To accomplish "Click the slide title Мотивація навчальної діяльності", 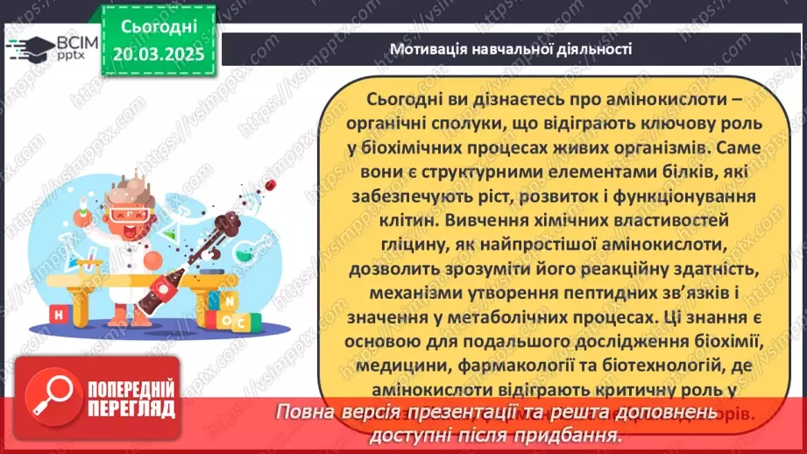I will [510, 48].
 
